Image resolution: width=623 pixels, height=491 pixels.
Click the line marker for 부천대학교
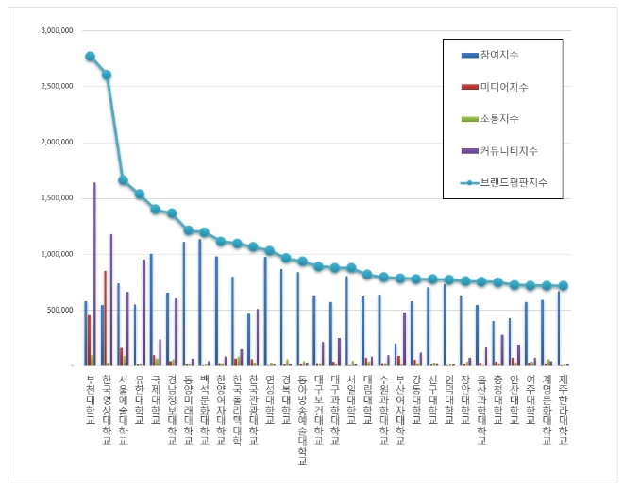point(90,57)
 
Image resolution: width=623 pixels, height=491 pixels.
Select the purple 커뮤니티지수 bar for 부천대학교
point(93,274)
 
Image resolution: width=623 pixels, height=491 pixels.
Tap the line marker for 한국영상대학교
point(107,75)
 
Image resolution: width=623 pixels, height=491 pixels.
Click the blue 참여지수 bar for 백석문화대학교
point(199,302)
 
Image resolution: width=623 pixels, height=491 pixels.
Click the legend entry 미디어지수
point(503,87)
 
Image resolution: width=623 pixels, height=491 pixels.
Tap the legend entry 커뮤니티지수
point(508,150)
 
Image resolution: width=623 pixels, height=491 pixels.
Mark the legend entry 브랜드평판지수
point(514,181)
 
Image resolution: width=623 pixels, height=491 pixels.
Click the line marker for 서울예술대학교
point(123,179)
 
